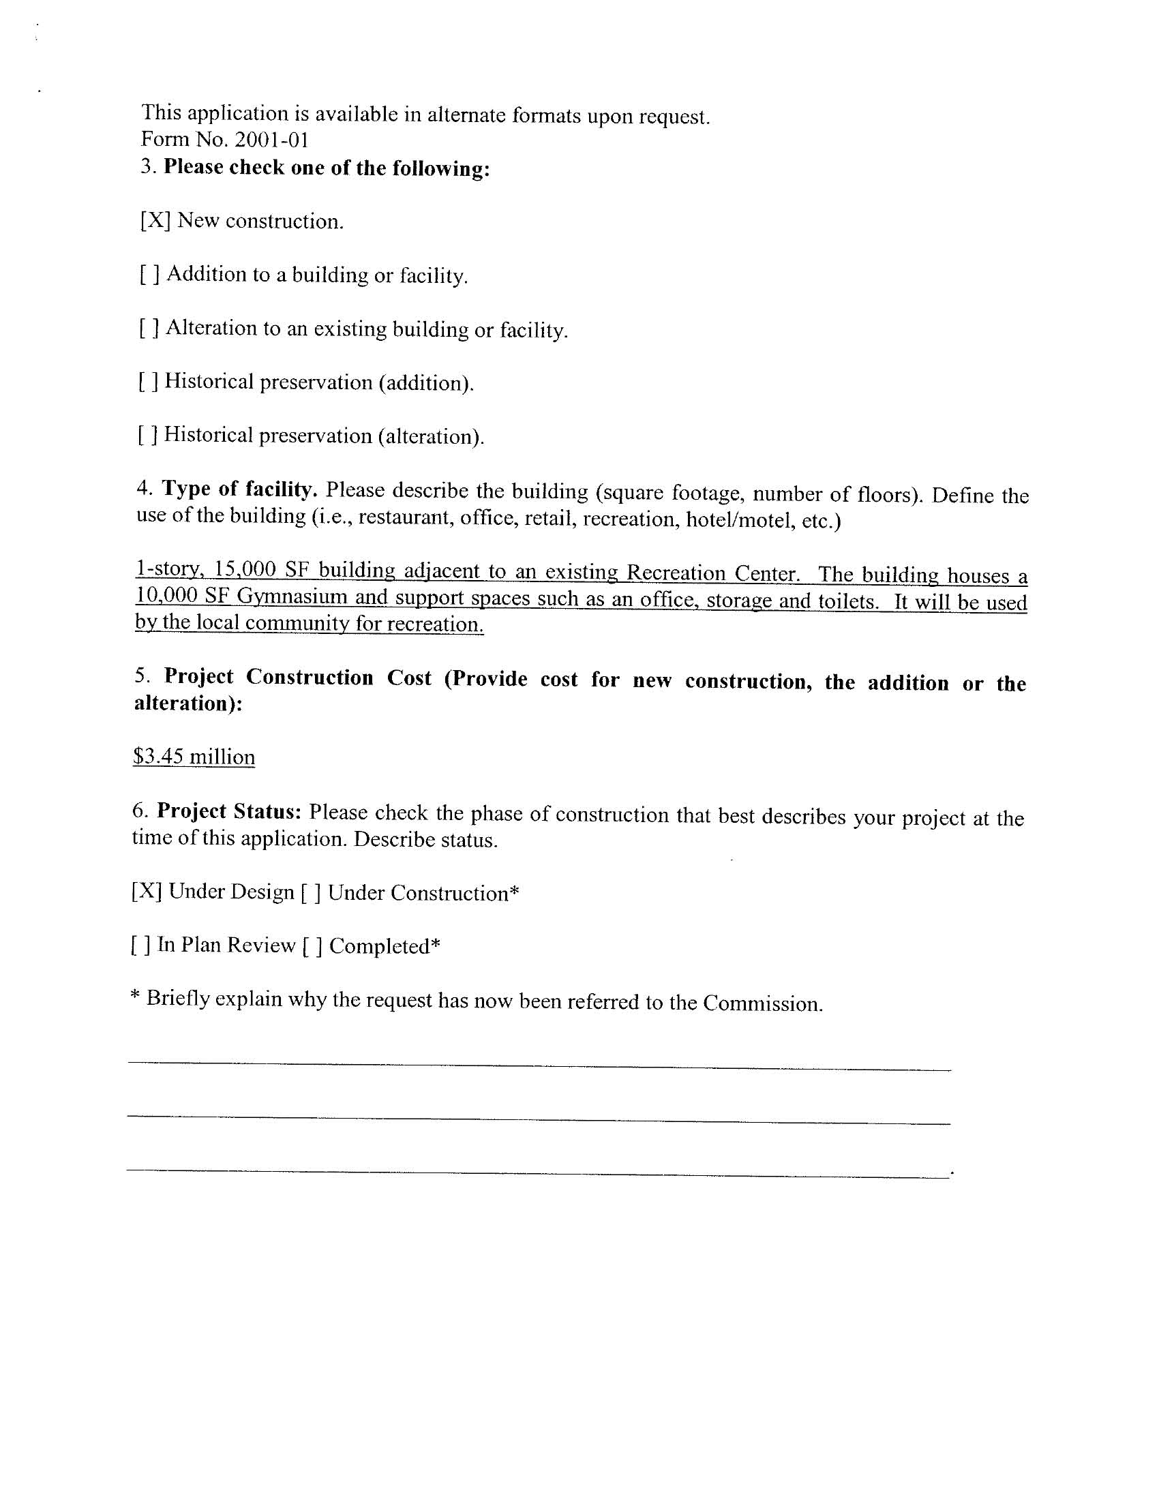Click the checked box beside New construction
point(155,220)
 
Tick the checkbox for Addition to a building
point(151,275)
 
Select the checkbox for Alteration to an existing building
point(150,328)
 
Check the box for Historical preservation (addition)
point(149,382)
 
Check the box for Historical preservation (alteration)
point(149,435)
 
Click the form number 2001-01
point(271,140)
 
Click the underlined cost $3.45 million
point(194,757)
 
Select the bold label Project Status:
point(229,811)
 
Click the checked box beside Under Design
point(147,892)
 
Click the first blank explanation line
point(539,1065)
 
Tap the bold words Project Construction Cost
point(298,678)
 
